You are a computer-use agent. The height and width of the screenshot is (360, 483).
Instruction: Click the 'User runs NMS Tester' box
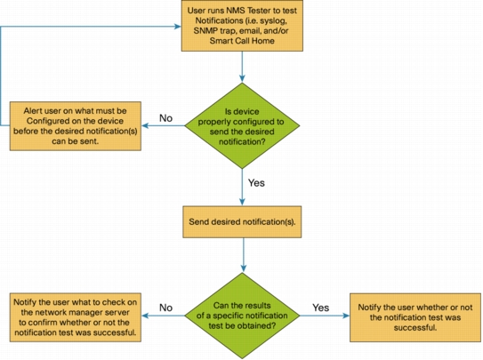coord(242,26)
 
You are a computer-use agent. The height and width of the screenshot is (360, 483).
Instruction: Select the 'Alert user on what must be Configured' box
coord(76,126)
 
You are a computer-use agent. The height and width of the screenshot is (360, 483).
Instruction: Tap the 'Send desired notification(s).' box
coord(242,222)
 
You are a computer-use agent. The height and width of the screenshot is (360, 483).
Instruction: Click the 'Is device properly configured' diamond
coord(242,126)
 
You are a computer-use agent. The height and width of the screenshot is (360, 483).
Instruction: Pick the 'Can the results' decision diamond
coord(242,316)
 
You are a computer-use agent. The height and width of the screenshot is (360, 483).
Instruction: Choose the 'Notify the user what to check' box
coord(76,317)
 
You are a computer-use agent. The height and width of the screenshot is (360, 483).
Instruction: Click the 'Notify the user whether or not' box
coord(415,317)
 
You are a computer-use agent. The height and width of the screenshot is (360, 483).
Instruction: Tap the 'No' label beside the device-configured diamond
coord(165,118)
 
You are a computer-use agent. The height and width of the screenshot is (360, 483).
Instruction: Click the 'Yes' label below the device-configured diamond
coord(256,183)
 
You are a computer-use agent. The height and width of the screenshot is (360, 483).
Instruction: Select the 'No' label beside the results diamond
coord(165,308)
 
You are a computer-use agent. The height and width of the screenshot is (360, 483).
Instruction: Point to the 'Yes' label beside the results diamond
coord(320,308)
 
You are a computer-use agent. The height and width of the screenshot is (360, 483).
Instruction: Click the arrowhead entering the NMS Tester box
coord(178,27)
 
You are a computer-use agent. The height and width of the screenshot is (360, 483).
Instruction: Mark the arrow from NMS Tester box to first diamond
coord(242,67)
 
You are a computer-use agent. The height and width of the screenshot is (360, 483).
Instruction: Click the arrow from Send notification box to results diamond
coord(244,255)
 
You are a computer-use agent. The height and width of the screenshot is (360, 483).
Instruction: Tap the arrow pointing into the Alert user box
coord(164,125)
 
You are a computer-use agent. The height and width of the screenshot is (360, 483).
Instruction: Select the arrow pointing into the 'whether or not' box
coord(325,316)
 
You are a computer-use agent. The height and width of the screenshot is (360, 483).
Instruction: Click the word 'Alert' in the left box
coord(32,111)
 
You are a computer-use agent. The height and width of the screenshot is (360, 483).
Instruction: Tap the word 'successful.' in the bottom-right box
coord(415,328)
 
